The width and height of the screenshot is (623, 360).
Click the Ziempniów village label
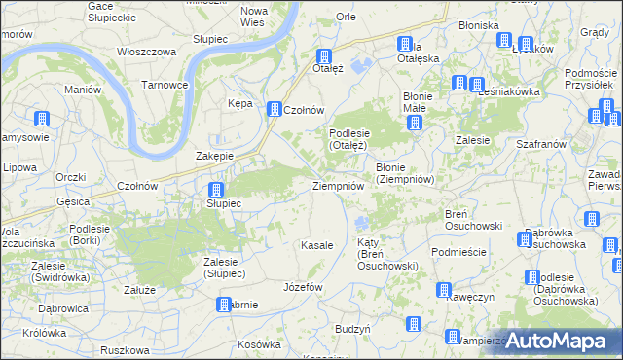click(x=338, y=185)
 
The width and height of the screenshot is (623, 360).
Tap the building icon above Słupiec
click(x=216, y=190)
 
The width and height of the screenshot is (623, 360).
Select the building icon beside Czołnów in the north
click(x=275, y=110)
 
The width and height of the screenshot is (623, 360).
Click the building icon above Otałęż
click(x=325, y=56)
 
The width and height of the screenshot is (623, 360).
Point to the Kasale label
click(x=317, y=245)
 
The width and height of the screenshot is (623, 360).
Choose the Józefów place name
click(x=302, y=288)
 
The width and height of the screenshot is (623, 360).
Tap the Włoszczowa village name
click(x=145, y=52)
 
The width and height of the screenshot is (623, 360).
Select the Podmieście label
click(x=458, y=251)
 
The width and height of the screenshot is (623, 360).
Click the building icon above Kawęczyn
click(x=444, y=290)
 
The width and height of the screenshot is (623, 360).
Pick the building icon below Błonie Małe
click(x=415, y=124)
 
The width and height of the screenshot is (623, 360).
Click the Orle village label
click(x=346, y=17)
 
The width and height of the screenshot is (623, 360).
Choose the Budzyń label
click(x=351, y=330)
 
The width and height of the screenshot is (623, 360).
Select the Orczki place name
click(x=71, y=176)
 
